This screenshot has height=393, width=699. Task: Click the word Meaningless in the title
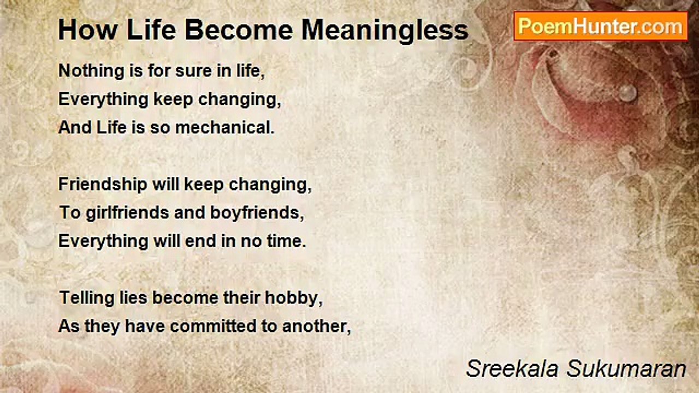pyautogui.click(x=385, y=31)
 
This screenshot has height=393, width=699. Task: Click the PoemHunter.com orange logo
pyautogui.click(x=601, y=27)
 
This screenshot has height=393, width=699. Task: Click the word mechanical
pyautogui.click(x=224, y=128)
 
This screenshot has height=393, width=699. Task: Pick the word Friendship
pyautogui.click(x=103, y=184)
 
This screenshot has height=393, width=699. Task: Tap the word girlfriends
pyautogui.click(x=127, y=213)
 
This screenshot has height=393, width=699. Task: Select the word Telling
pyautogui.click(x=86, y=298)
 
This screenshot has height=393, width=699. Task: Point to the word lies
pyautogui.click(x=133, y=298)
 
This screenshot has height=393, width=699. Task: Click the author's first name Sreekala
pyautogui.click(x=512, y=368)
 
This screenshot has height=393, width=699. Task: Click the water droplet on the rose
pyautogui.click(x=627, y=93)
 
